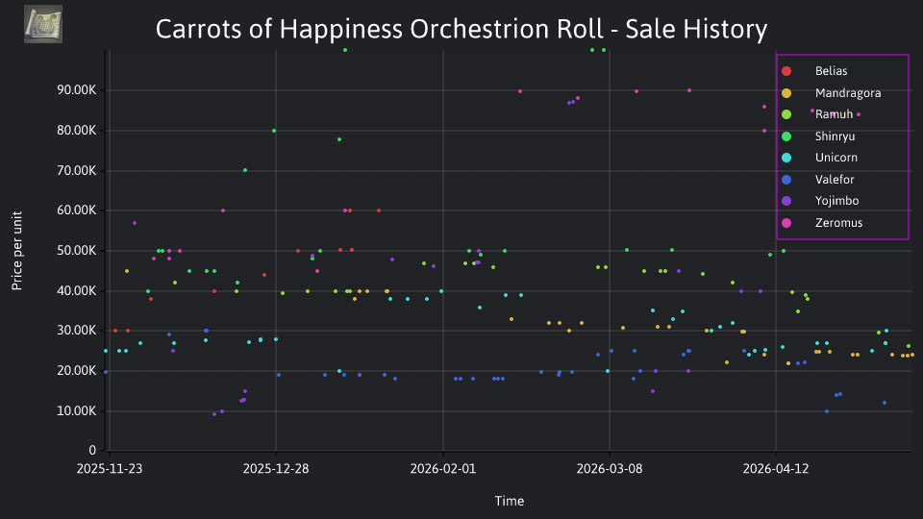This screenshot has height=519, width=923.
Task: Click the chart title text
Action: [461, 29]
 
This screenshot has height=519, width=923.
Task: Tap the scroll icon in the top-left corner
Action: [43, 24]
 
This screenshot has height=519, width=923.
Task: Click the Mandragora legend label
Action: [848, 93]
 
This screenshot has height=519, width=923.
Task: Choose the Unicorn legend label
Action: [836, 158]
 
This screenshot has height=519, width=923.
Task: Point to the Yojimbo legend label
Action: [836, 201]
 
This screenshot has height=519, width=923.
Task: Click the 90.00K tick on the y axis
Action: [77, 90]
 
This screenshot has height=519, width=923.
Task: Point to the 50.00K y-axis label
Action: [77, 251]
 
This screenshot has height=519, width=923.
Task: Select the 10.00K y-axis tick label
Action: [77, 411]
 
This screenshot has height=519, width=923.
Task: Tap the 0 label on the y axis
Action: [92, 451]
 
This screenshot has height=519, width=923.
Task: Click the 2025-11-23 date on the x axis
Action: [110, 469]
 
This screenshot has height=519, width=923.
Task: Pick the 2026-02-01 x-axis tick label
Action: [442, 469]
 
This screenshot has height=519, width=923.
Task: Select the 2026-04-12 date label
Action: [776, 469]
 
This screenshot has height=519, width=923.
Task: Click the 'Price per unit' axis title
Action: [17, 251]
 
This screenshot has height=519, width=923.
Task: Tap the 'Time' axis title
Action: [510, 502]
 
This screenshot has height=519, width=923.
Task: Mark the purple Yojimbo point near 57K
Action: [135, 223]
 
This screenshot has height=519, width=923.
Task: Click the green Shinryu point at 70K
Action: [245, 171]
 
